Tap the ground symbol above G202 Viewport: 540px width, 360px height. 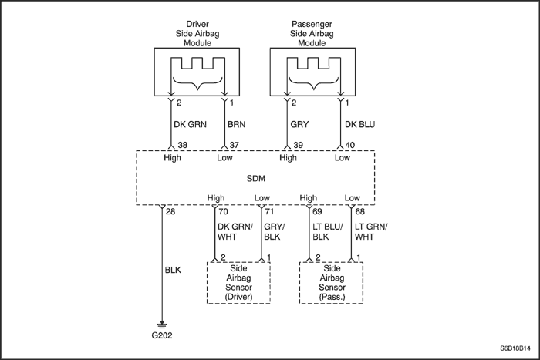click(161, 324)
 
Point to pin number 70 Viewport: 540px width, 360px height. click(223, 210)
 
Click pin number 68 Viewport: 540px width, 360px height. click(359, 210)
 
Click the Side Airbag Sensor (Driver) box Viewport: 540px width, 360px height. click(239, 283)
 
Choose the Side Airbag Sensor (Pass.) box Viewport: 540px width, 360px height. click(331, 283)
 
